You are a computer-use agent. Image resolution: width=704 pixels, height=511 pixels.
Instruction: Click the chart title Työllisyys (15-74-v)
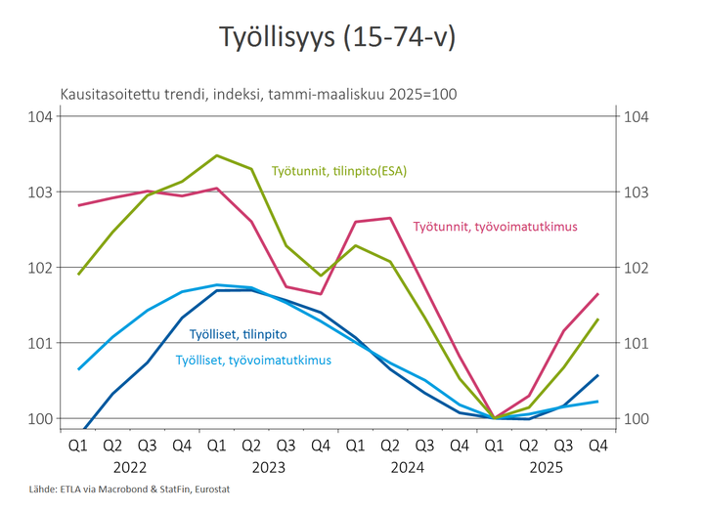tap(337, 39)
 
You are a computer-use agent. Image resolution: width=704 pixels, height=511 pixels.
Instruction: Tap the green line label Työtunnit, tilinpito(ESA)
tap(338, 171)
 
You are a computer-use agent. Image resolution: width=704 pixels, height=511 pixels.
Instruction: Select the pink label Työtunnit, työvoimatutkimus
tap(496, 226)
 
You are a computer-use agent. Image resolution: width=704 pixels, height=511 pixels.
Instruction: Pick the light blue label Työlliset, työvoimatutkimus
tap(253, 360)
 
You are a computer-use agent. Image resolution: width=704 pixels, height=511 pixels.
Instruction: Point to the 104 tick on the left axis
tap(40, 116)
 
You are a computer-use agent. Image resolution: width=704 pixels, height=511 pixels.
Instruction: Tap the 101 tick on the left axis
tap(40, 343)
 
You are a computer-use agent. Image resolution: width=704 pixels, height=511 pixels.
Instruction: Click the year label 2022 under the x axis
tap(130, 467)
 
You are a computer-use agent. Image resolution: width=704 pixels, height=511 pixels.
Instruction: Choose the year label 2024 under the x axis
tap(407, 467)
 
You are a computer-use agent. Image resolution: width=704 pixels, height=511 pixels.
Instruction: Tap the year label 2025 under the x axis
tap(546, 467)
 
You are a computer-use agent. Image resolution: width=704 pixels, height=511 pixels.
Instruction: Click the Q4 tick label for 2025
tap(597, 447)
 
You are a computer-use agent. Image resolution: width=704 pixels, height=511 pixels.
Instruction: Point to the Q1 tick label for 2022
tap(78, 447)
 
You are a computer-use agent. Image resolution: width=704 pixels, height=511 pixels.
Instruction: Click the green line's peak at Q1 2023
tap(217, 155)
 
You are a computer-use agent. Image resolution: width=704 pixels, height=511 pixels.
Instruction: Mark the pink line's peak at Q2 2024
tap(389, 218)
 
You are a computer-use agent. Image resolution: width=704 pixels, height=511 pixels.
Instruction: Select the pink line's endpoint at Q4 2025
tap(597, 294)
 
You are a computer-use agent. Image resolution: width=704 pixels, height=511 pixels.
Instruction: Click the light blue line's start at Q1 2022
tap(78, 369)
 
